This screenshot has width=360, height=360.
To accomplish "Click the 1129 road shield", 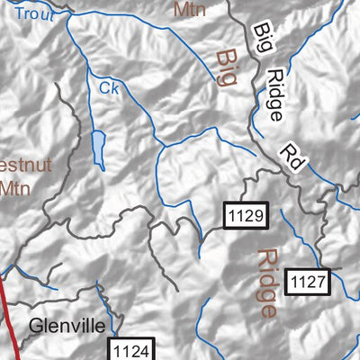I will click(245, 216).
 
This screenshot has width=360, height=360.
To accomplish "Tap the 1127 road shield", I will click(309, 282).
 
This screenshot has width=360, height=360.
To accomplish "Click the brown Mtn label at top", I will click(190, 10).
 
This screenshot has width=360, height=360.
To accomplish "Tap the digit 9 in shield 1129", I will click(260, 216).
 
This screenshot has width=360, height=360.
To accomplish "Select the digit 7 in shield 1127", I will click(324, 282).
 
